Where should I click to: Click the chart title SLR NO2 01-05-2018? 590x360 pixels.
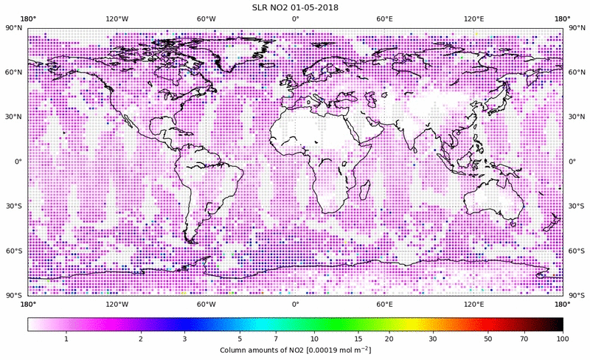click(295, 7)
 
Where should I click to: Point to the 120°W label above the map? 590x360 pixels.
click(117, 18)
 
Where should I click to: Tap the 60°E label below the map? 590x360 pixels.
click(384, 304)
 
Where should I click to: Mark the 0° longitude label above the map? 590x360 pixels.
click(295, 18)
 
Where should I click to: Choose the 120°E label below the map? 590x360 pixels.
click(473, 304)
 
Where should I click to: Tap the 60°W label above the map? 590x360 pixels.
click(206, 18)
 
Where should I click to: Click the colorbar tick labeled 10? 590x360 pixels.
click(315, 339)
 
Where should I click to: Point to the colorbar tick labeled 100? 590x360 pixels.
click(562, 339)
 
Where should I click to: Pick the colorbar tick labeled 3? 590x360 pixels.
click(184, 339)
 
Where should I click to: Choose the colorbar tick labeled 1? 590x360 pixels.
click(66, 339)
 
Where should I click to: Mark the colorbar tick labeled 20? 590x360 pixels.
click(388, 339)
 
